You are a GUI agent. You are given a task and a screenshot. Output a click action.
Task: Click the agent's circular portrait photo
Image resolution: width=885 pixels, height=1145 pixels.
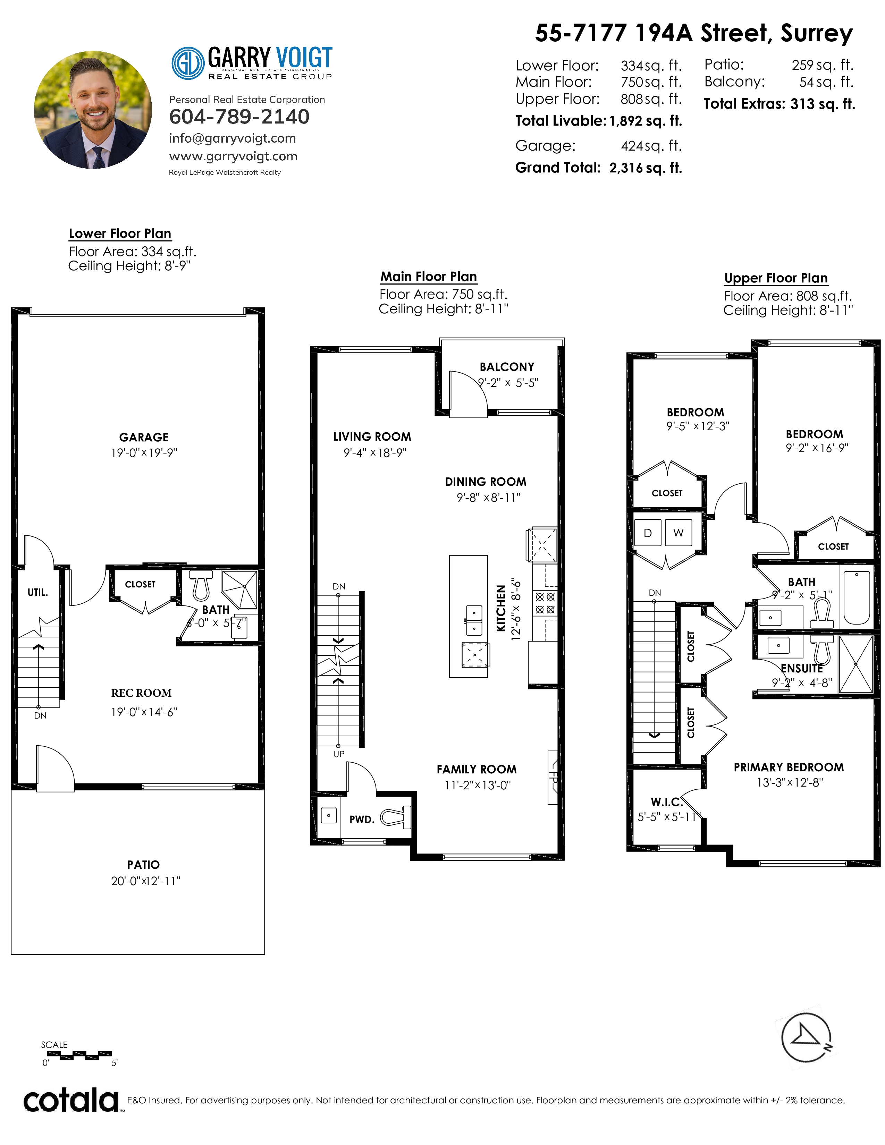(93, 110)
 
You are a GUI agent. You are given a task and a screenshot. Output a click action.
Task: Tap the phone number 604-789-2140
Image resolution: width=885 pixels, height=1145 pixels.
(239, 116)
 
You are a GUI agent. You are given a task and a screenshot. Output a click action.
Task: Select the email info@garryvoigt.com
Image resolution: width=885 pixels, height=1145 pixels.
(232, 138)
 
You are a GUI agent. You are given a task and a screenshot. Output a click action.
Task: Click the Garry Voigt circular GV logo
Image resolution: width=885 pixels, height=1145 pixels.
(188, 63)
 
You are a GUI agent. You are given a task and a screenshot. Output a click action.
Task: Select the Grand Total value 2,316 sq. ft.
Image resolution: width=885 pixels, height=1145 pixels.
(646, 168)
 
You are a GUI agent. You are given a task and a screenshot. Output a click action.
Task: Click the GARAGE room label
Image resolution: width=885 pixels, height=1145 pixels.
(144, 437)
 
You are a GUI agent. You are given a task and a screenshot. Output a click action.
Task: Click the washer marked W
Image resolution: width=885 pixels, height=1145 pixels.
(678, 533)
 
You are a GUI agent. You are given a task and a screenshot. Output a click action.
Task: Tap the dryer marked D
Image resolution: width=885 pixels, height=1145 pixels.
(648, 533)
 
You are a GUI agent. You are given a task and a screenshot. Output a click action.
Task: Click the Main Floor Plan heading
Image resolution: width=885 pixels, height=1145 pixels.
(428, 277)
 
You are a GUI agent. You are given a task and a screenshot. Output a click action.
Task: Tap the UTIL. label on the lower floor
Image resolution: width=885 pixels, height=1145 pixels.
(38, 592)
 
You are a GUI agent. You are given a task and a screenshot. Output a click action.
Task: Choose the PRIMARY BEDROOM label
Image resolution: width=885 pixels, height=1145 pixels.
(789, 767)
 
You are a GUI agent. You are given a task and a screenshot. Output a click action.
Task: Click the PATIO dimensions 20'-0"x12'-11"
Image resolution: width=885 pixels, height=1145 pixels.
(145, 881)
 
